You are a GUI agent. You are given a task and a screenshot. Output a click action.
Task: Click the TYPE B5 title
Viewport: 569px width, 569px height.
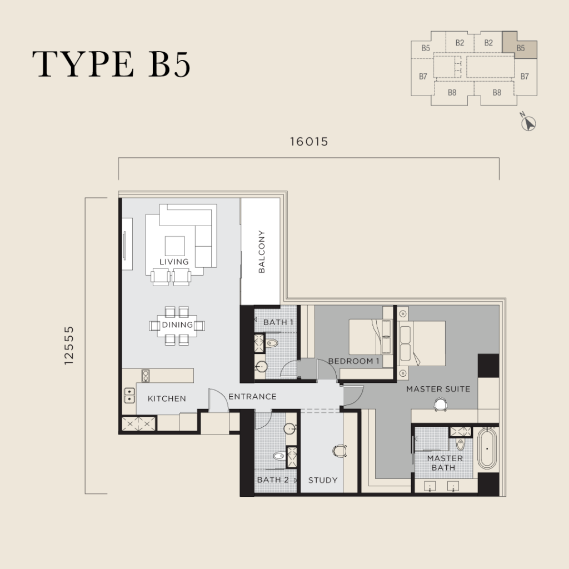(x=111, y=64)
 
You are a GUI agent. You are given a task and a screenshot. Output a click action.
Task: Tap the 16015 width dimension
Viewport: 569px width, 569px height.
(x=309, y=142)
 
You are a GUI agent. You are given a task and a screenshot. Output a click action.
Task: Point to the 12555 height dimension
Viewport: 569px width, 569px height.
(x=68, y=345)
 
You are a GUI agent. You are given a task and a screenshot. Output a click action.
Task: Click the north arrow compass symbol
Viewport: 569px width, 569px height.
(x=528, y=123)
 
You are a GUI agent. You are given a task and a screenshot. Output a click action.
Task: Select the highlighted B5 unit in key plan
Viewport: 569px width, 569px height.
(x=520, y=45)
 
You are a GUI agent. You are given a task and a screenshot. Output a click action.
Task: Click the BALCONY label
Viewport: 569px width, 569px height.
(x=261, y=252)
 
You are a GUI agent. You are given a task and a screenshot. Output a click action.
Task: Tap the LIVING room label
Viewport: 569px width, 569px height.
(x=174, y=262)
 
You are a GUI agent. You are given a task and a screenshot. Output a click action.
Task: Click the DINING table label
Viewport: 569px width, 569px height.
(x=177, y=325)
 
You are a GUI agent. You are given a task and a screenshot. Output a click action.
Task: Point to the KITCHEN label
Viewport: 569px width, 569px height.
(x=167, y=398)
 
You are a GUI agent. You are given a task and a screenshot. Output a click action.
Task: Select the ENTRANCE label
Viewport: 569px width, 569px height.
(x=253, y=396)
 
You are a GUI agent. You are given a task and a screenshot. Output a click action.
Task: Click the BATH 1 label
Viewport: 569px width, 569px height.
(x=278, y=322)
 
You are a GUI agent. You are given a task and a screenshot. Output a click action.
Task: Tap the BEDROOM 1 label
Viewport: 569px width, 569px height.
(x=354, y=361)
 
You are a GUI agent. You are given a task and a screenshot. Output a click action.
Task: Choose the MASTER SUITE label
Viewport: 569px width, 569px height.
(x=438, y=389)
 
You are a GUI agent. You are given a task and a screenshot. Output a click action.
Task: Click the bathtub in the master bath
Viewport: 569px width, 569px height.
(x=487, y=448)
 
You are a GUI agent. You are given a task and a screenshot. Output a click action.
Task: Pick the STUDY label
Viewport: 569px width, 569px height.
(x=323, y=480)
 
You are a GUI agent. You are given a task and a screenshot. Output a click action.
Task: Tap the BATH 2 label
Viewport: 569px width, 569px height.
(x=273, y=480)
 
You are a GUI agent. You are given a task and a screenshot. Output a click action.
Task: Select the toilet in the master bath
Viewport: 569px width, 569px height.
(x=461, y=444)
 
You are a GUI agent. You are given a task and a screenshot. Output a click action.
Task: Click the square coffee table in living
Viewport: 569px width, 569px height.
(x=175, y=246)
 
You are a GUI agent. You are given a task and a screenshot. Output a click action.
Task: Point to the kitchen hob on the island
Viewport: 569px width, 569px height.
(x=146, y=376)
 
